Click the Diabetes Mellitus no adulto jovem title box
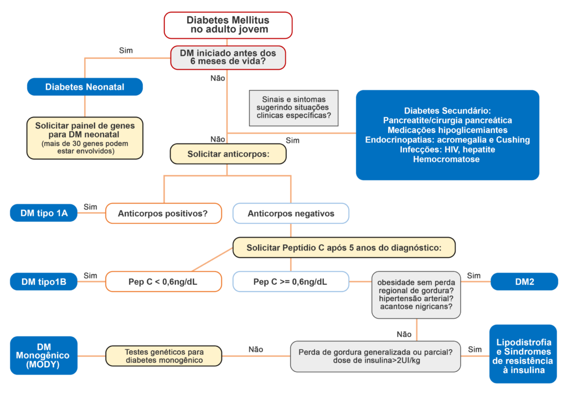(228, 25)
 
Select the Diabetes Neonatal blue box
(85, 87)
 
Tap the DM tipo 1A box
(44, 213)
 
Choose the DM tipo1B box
(44, 282)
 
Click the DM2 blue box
(524, 282)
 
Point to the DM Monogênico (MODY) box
(44, 355)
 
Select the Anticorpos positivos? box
(163, 213)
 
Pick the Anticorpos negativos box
(291, 213)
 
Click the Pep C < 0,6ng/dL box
(163, 282)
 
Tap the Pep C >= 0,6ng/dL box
(291, 282)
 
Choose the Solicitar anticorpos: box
(228, 153)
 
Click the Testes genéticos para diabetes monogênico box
(164, 356)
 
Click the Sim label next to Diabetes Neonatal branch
(126, 50)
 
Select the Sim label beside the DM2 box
(474, 275)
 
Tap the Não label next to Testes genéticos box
(256, 349)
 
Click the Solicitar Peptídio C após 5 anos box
(344, 247)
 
